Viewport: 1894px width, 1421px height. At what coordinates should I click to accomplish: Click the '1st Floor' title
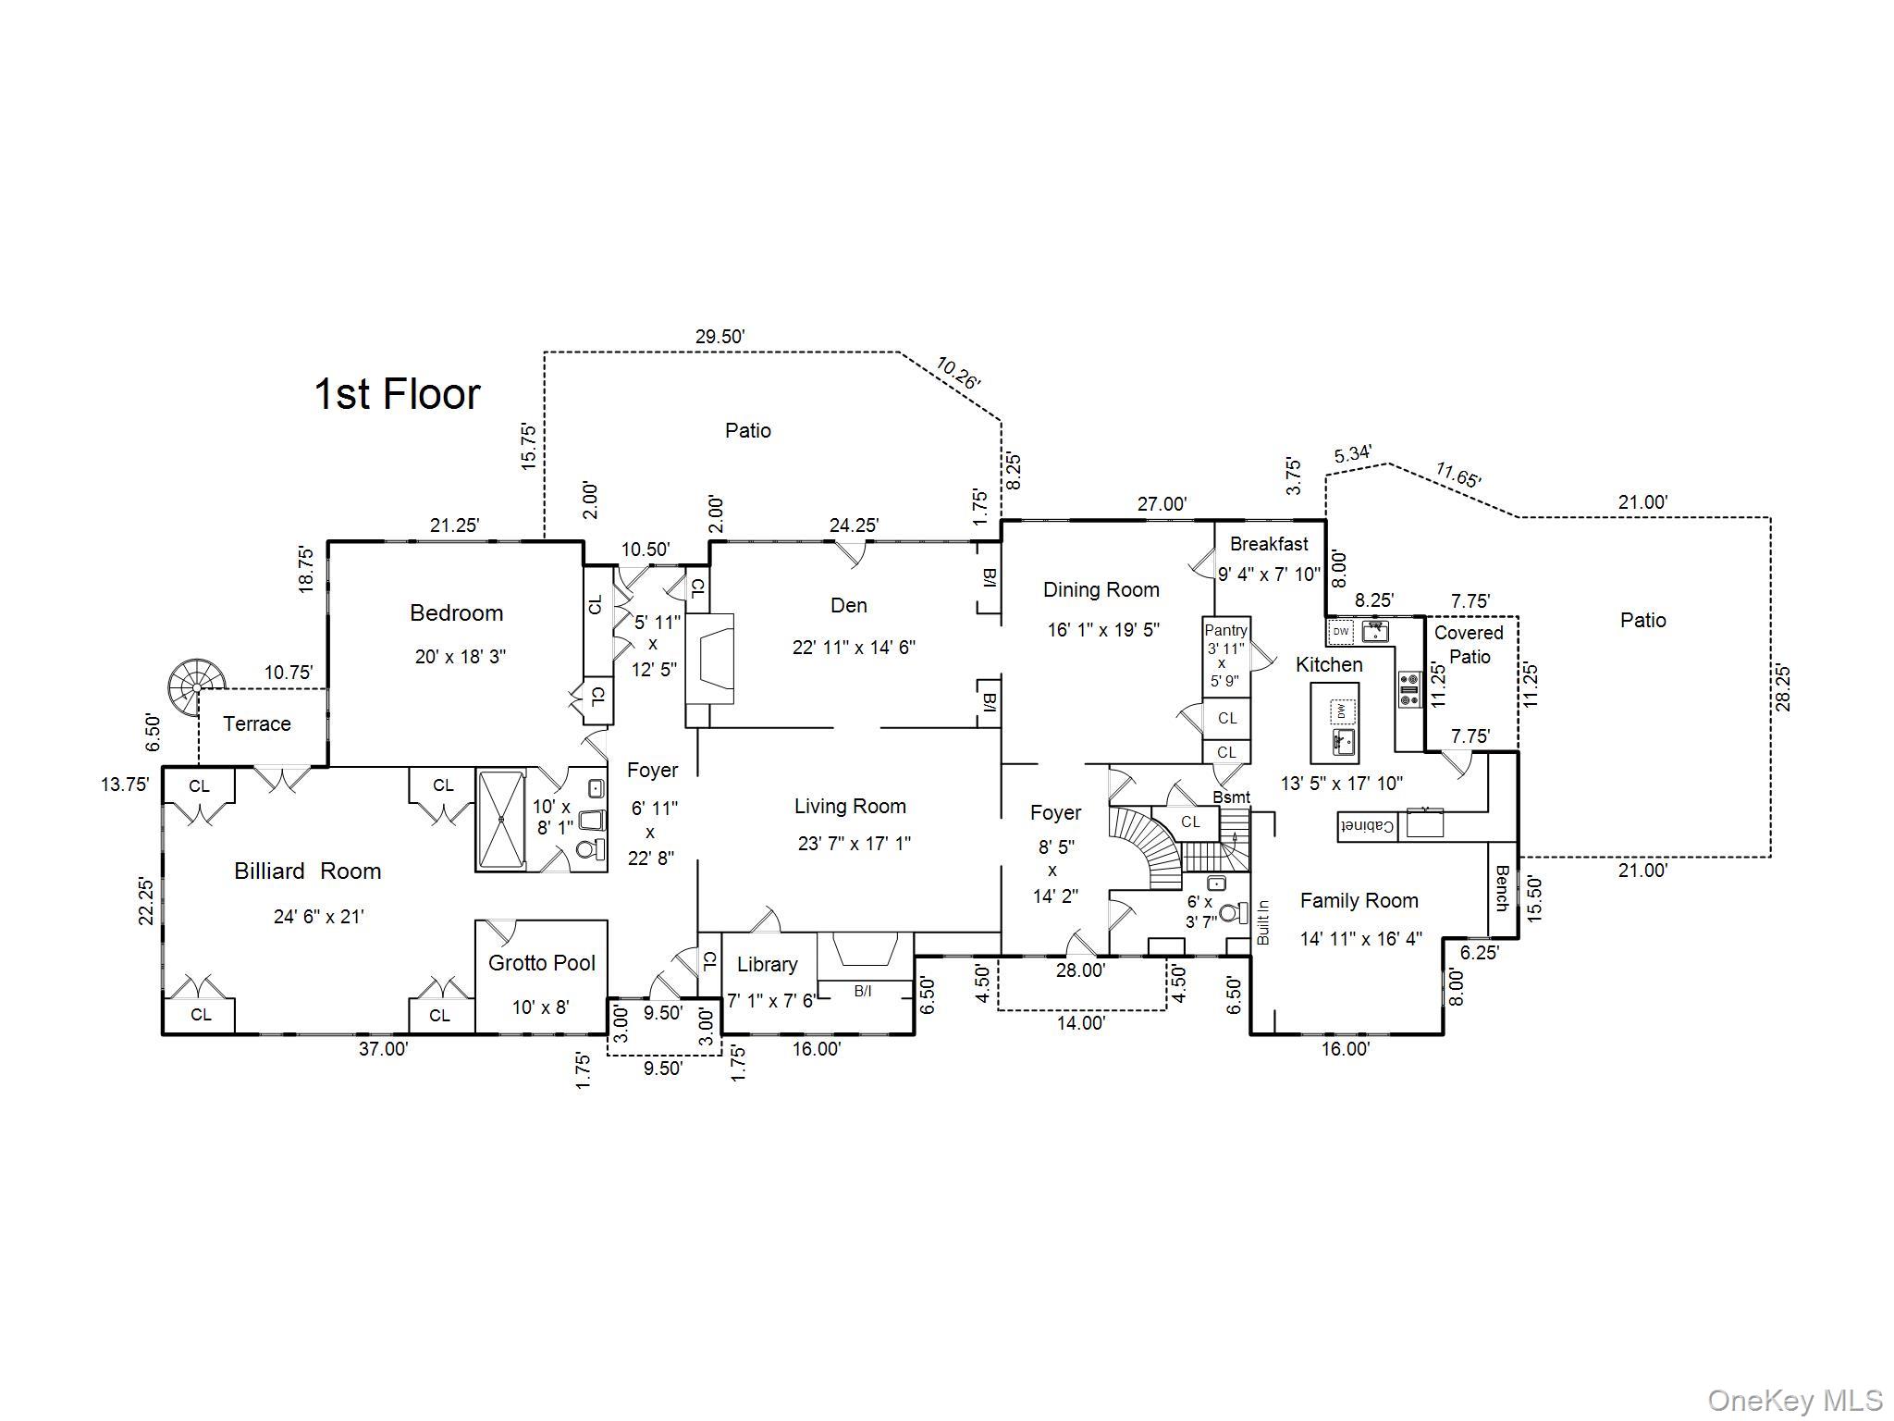pyautogui.click(x=398, y=394)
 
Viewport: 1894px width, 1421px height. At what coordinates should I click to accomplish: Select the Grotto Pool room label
pyautogui.click(x=542, y=963)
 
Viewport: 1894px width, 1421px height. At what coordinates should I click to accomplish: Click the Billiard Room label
pyautogui.click(x=307, y=871)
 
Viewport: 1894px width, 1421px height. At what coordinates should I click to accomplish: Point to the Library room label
pyautogui.click(x=768, y=965)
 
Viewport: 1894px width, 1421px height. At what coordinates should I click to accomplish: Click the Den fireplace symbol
pyautogui.click(x=710, y=659)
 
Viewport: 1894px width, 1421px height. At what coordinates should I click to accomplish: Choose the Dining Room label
pyautogui.click(x=1101, y=590)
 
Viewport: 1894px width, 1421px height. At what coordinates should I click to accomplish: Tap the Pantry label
pyautogui.click(x=1226, y=630)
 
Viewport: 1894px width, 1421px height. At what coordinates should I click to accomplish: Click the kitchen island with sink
pyautogui.click(x=1334, y=723)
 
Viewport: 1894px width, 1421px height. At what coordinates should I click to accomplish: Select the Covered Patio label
pyautogui.click(x=1469, y=645)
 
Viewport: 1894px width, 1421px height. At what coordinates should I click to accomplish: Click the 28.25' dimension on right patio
pyautogui.click(x=1783, y=687)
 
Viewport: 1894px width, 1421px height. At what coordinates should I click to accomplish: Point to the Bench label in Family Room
pyautogui.click(x=1502, y=888)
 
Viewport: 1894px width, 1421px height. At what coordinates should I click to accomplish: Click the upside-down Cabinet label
pyautogui.click(x=1367, y=826)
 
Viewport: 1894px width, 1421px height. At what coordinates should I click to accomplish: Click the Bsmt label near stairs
pyautogui.click(x=1231, y=797)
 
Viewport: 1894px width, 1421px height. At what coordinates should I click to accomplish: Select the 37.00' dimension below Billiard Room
pyautogui.click(x=383, y=1049)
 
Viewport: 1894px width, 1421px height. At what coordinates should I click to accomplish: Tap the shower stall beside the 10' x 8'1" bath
pyautogui.click(x=500, y=819)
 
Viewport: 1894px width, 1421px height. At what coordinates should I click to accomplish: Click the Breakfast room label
pyautogui.click(x=1269, y=544)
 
